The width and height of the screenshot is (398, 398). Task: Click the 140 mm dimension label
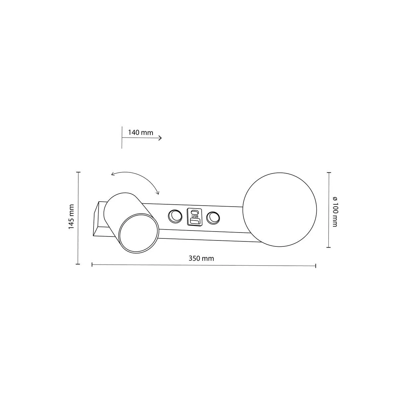141,133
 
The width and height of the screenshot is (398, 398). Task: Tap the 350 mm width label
201,258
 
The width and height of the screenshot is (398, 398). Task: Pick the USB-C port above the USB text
195,212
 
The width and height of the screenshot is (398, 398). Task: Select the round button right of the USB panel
213,218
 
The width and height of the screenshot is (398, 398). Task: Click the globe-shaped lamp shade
280,210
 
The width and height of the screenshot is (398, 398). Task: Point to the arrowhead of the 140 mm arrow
161,138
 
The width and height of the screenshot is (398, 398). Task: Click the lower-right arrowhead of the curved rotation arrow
158,193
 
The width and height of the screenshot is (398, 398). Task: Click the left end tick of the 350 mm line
92,264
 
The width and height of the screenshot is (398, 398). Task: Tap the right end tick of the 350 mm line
315,265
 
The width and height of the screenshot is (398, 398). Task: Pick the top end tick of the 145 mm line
78,172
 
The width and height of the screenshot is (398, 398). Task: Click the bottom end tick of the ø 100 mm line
329,247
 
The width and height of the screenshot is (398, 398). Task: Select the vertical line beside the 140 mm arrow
122,138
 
